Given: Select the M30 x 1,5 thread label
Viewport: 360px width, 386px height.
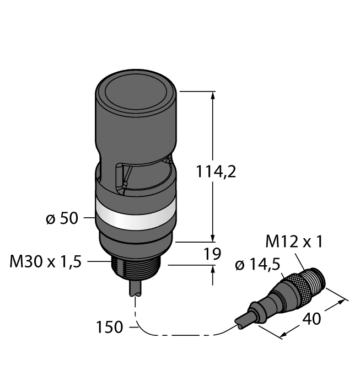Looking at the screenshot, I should coord(46,262).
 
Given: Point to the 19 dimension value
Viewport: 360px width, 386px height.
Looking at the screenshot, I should coord(212,254).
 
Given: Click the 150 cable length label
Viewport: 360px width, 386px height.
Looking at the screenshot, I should coord(109,327).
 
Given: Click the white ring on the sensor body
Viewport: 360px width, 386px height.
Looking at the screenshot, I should coord(135,211).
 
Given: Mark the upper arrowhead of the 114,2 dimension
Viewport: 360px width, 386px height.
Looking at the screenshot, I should coord(213,95).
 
